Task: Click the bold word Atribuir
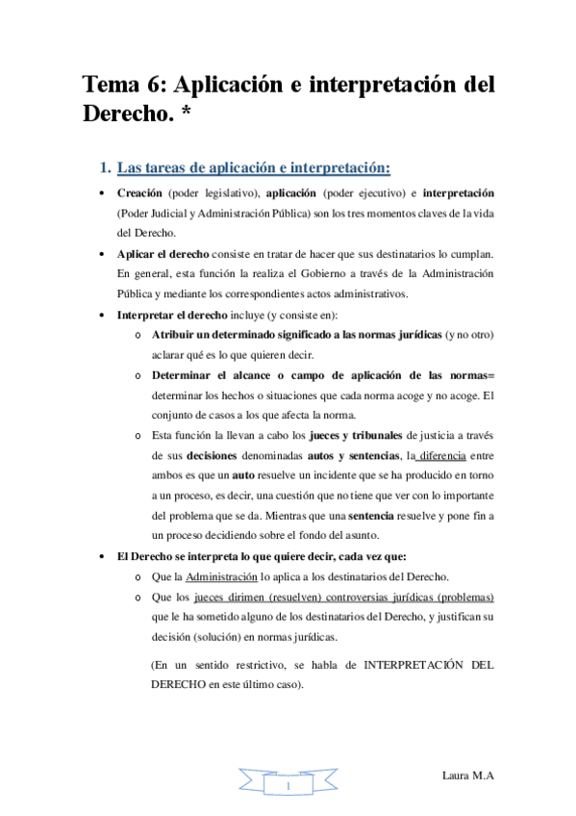[x=177, y=333]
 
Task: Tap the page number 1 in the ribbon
[x=288, y=788]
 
